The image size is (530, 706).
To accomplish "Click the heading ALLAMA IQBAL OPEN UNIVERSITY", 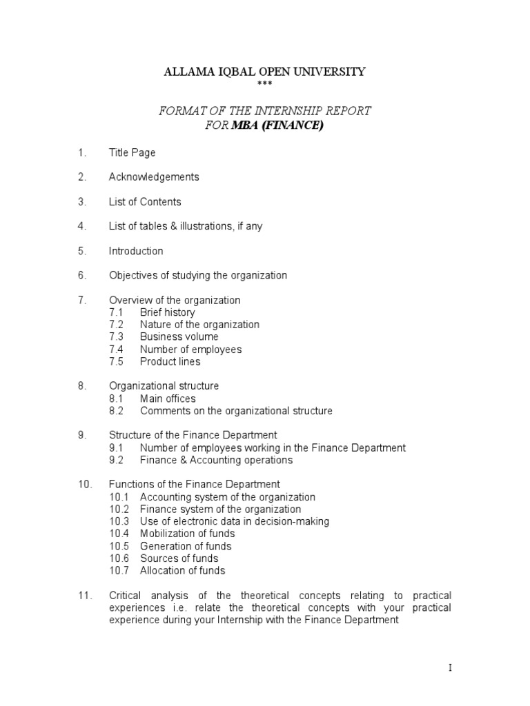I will tap(264, 72).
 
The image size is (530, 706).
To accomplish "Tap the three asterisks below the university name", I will tap(264, 85).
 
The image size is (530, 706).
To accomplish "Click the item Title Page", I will tap(132, 152).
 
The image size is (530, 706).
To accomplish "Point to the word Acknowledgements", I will tap(154, 177).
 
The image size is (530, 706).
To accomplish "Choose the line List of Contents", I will tap(145, 202).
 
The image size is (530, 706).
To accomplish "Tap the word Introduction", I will tap(136, 251).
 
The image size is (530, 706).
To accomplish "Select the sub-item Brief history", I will tap(167, 312).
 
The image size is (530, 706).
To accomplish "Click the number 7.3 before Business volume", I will tap(116, 337).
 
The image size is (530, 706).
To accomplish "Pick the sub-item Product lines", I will tap(170, 362).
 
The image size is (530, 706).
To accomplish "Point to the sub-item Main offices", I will tap(168, 399).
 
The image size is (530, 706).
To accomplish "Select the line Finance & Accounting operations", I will tap(216, 460).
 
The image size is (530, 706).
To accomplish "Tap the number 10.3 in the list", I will tap(119, 521).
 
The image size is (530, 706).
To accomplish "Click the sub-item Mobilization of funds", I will tap(187, 534).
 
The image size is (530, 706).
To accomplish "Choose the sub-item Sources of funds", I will tap(179, 558).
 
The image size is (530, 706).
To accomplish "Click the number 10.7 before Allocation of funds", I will tap(119, 570).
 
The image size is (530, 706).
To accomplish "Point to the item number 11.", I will tap(84, 595).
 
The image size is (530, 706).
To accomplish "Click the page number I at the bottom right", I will tap(449, 668).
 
